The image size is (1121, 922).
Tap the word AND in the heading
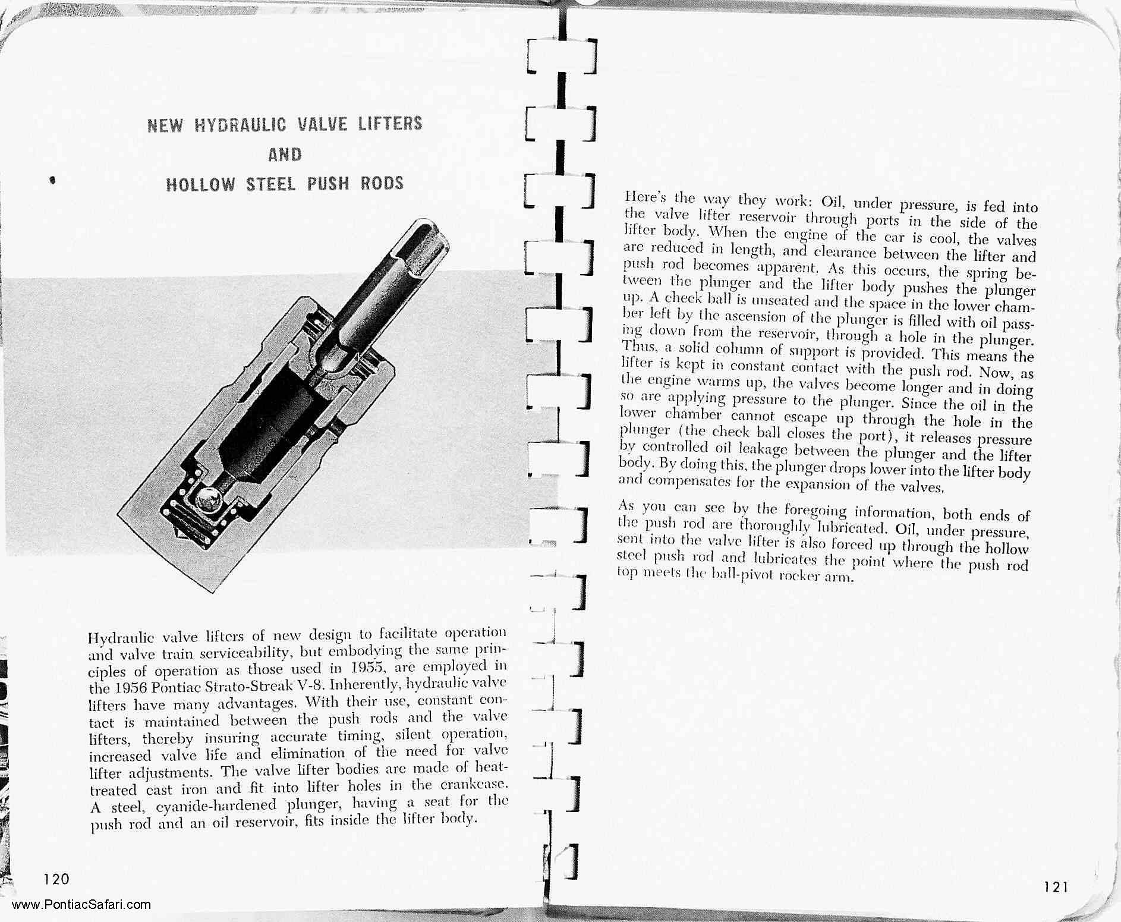[x=285, y=155]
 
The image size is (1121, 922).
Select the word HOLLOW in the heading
[x=201, y=185]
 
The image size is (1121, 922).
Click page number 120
[x=56, y=879]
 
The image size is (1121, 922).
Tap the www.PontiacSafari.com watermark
[x=81, y=905]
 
